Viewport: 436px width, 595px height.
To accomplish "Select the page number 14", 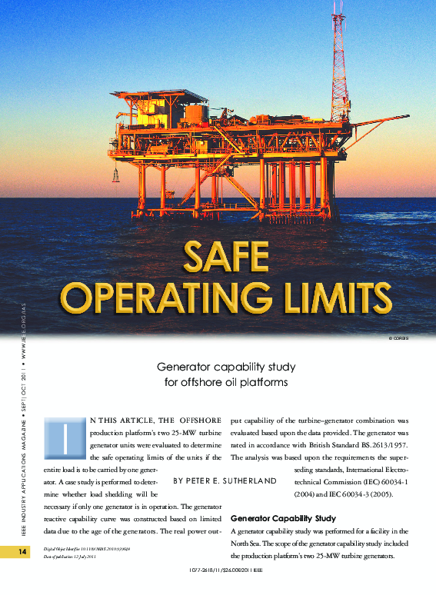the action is [x=13, y=552].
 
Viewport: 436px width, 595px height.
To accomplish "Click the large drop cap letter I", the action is [x=67, y=438].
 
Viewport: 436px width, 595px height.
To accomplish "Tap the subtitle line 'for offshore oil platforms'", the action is [x=218, y=382].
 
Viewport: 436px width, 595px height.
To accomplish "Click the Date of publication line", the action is [x=64, y=556].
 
